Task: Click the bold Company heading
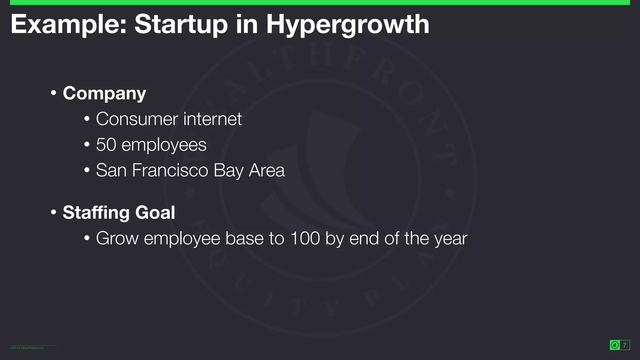(x=104, y=93)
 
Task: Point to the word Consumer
(x=137, y=119)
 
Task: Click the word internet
(x=212, y=119)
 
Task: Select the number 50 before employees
(x=106, y=145)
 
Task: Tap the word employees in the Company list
(x=164, y=145)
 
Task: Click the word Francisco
(x=170, y=170)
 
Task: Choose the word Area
(x=267, y=170)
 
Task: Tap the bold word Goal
(x=155, y=212)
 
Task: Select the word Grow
(x=117, y=238)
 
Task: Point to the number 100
(x=305, y=238)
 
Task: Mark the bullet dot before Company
(x=53, y=93)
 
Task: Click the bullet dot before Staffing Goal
(x=53, y=212)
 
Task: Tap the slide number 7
(x=624, y=345)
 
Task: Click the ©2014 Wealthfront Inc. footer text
(x=27, y=348)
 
